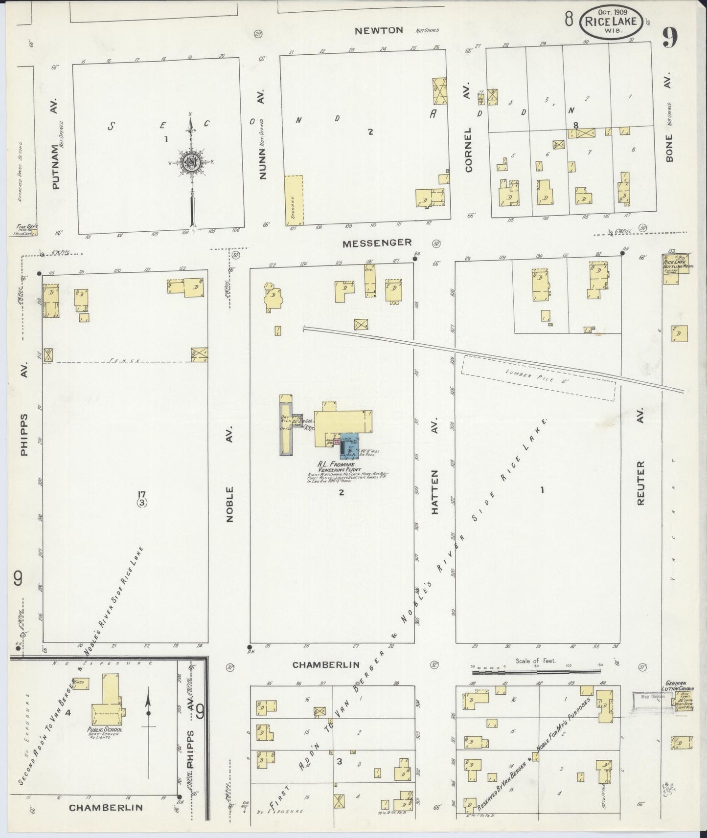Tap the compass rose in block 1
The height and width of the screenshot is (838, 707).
[190, 163]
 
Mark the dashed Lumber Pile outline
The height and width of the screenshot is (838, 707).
[538, 377]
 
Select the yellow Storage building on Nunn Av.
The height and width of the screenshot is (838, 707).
[294, 200]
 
